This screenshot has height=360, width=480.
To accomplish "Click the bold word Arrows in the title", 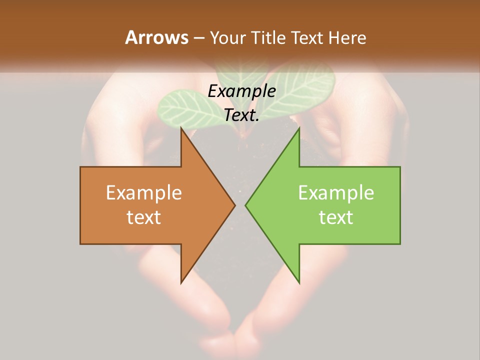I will [156, 37].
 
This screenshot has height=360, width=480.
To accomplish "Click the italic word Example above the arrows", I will [241, 91].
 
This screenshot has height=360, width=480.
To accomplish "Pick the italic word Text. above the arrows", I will [241, 115].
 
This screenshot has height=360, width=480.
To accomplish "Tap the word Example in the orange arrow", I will [144, 192].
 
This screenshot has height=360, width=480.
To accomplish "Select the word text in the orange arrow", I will [144, 217].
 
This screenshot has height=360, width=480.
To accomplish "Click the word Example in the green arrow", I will [336, 192].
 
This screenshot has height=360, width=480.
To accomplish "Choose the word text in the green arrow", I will [336, 217].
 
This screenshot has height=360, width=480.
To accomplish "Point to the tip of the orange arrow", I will [235, 205].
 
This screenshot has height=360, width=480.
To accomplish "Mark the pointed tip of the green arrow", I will [245, 205].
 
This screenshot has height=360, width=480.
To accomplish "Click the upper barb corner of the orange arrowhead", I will [181, 128].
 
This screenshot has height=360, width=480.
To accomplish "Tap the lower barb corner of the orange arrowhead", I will [181, 283].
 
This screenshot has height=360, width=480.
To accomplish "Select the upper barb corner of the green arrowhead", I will [299, 128].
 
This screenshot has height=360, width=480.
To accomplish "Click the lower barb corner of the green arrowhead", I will [299, 283].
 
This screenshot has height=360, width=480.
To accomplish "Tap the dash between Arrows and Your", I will [198, 38].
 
